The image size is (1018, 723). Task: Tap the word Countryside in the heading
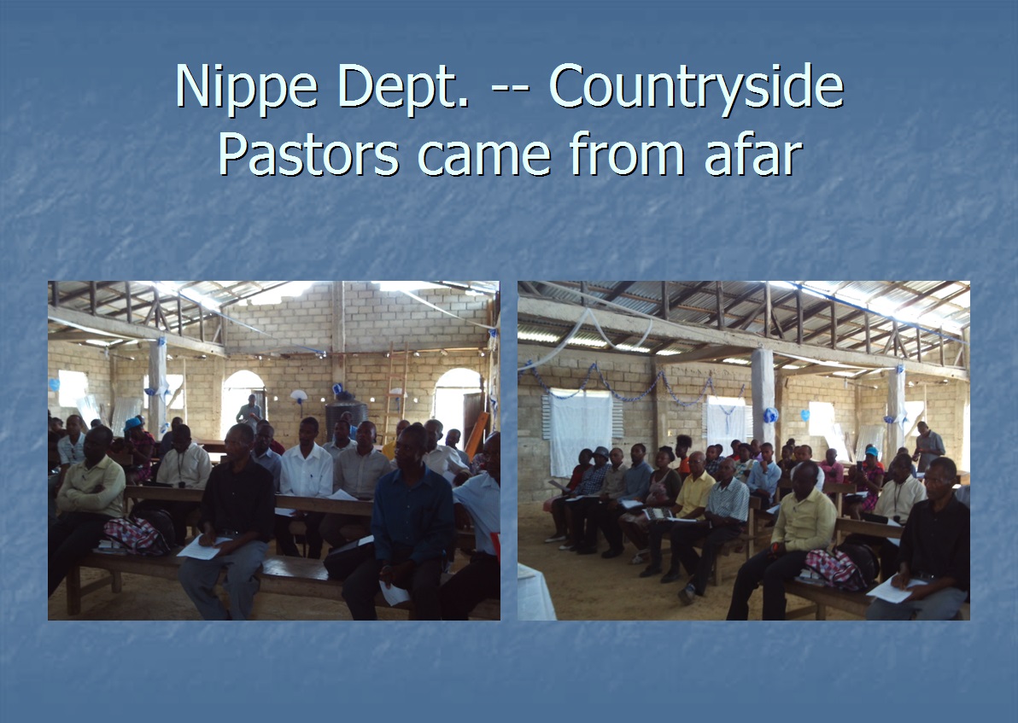697,85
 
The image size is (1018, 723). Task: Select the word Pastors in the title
308,154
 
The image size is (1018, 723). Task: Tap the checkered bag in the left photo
137,535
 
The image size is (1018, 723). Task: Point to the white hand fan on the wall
298,396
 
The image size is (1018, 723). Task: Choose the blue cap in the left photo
133,423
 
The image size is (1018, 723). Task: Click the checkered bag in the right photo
835,568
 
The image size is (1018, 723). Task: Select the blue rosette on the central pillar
770,416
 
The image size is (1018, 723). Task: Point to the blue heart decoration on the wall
804,414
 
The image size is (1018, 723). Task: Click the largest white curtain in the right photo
581,432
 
